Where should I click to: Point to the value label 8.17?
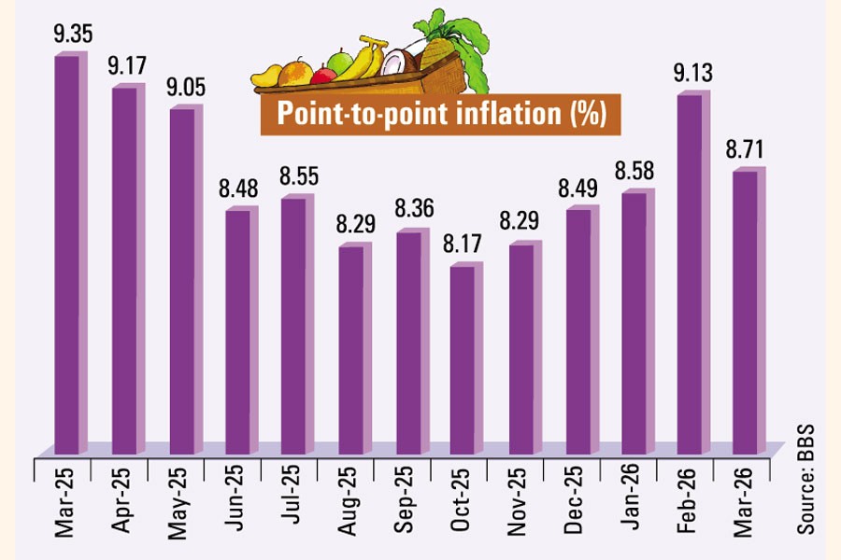[x=465, y=247]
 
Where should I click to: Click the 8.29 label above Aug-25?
[x=353, y=226]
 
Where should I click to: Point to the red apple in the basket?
[x=322, y=75]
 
